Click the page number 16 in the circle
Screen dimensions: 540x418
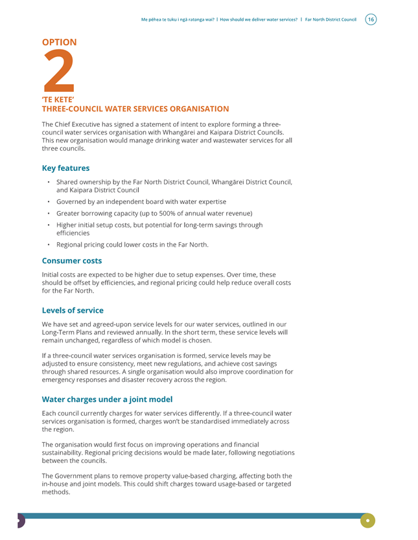[371, 19]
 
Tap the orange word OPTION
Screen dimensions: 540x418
[59, 42]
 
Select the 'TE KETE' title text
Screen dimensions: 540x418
[57, 100]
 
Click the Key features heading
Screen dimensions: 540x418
[65, 168]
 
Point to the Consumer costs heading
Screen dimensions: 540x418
[71, 261]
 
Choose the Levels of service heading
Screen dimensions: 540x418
[73, 310]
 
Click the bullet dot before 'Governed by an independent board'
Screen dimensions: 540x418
[49, 201]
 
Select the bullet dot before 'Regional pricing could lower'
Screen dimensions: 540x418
[49, 244]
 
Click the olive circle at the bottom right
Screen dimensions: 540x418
[367, 520]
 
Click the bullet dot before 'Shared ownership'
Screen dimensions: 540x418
[49, 182]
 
